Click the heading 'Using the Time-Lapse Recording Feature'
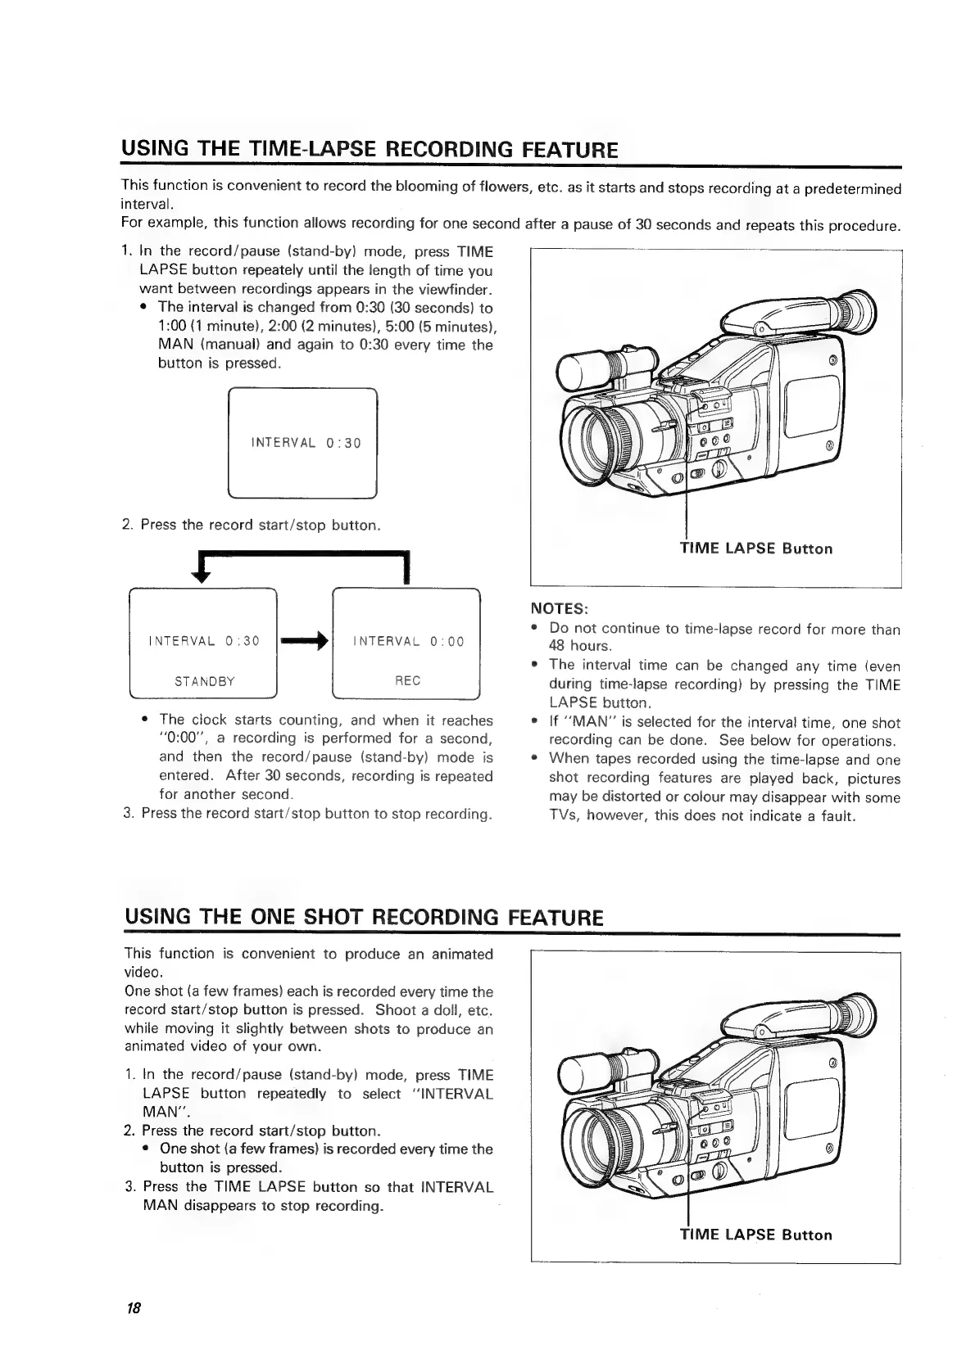369,150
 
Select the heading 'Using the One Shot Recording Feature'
363,916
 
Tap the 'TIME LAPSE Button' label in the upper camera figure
756,549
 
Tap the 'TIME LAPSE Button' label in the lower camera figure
756,1235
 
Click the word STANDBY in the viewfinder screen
205,681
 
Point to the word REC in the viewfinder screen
407,681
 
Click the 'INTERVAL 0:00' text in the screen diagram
408,642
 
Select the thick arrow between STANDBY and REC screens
304,641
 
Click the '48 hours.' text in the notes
580,647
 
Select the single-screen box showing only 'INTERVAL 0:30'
302,443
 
